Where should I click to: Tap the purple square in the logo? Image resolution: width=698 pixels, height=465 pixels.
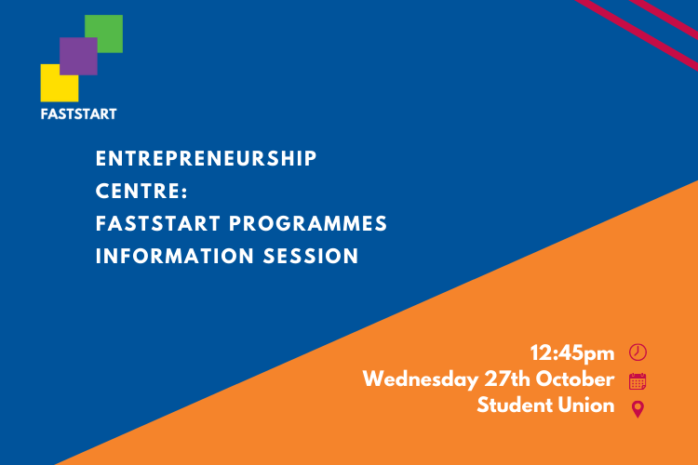coord(78,56)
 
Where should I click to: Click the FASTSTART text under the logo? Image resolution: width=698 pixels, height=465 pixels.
coord(78,114)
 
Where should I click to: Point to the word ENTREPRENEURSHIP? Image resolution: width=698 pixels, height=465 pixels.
coord(207,159)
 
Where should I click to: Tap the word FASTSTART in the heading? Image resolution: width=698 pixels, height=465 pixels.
coord(159,224)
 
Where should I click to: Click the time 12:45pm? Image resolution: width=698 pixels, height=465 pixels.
coord(572,352)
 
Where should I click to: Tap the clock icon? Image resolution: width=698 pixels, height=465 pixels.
coord(638,352)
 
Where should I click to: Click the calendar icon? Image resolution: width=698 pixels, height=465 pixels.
coord(638,380)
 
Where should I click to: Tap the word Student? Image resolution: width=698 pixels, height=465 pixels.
coord(516,405)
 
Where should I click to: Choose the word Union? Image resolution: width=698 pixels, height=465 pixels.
coord(588,405)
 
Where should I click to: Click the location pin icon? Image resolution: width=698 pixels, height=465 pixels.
coord(638,409)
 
